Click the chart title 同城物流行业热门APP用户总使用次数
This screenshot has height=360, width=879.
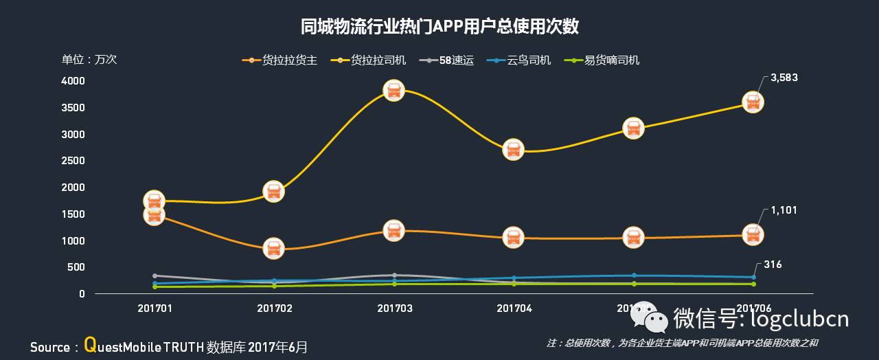439,27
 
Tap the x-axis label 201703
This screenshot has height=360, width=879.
394,308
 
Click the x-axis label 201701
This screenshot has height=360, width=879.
155,308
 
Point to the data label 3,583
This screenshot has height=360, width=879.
784,78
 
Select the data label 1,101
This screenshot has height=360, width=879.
784,210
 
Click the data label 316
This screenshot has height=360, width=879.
773,265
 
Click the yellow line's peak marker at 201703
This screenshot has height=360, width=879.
393,90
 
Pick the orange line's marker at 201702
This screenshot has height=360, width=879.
273,249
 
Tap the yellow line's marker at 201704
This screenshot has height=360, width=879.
513,150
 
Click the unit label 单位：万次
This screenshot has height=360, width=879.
89,60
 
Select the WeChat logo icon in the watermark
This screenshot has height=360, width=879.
649,317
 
